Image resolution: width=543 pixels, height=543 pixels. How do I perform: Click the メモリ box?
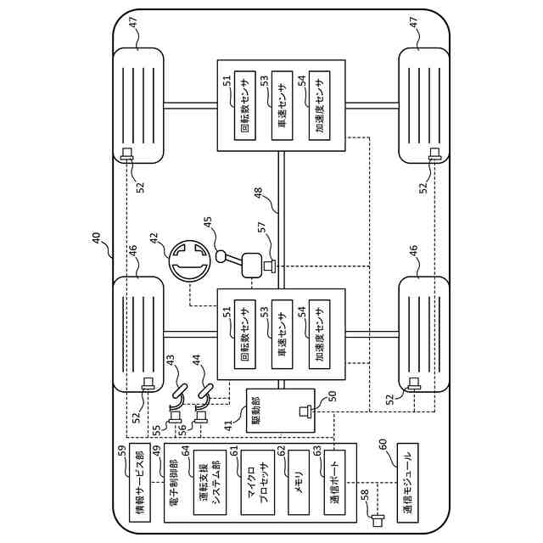[x=298, y=483]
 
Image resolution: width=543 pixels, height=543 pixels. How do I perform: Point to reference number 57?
[x=261, y=227]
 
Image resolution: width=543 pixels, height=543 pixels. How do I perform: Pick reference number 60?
[x=383, y=444]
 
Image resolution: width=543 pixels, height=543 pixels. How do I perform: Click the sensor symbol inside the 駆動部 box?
[x=304, y=411]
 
